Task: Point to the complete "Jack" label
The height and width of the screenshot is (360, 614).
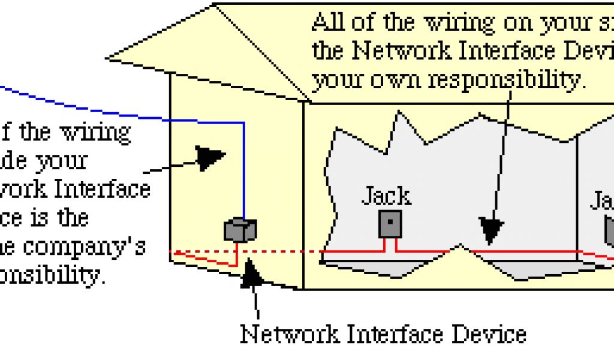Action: (x=387, y=196)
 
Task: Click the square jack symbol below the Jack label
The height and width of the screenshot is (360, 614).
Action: (x=390, y=223)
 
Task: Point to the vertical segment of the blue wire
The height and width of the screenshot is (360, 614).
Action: (x=244, y=168)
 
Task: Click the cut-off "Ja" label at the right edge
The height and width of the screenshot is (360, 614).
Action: (x=602, y=200)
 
